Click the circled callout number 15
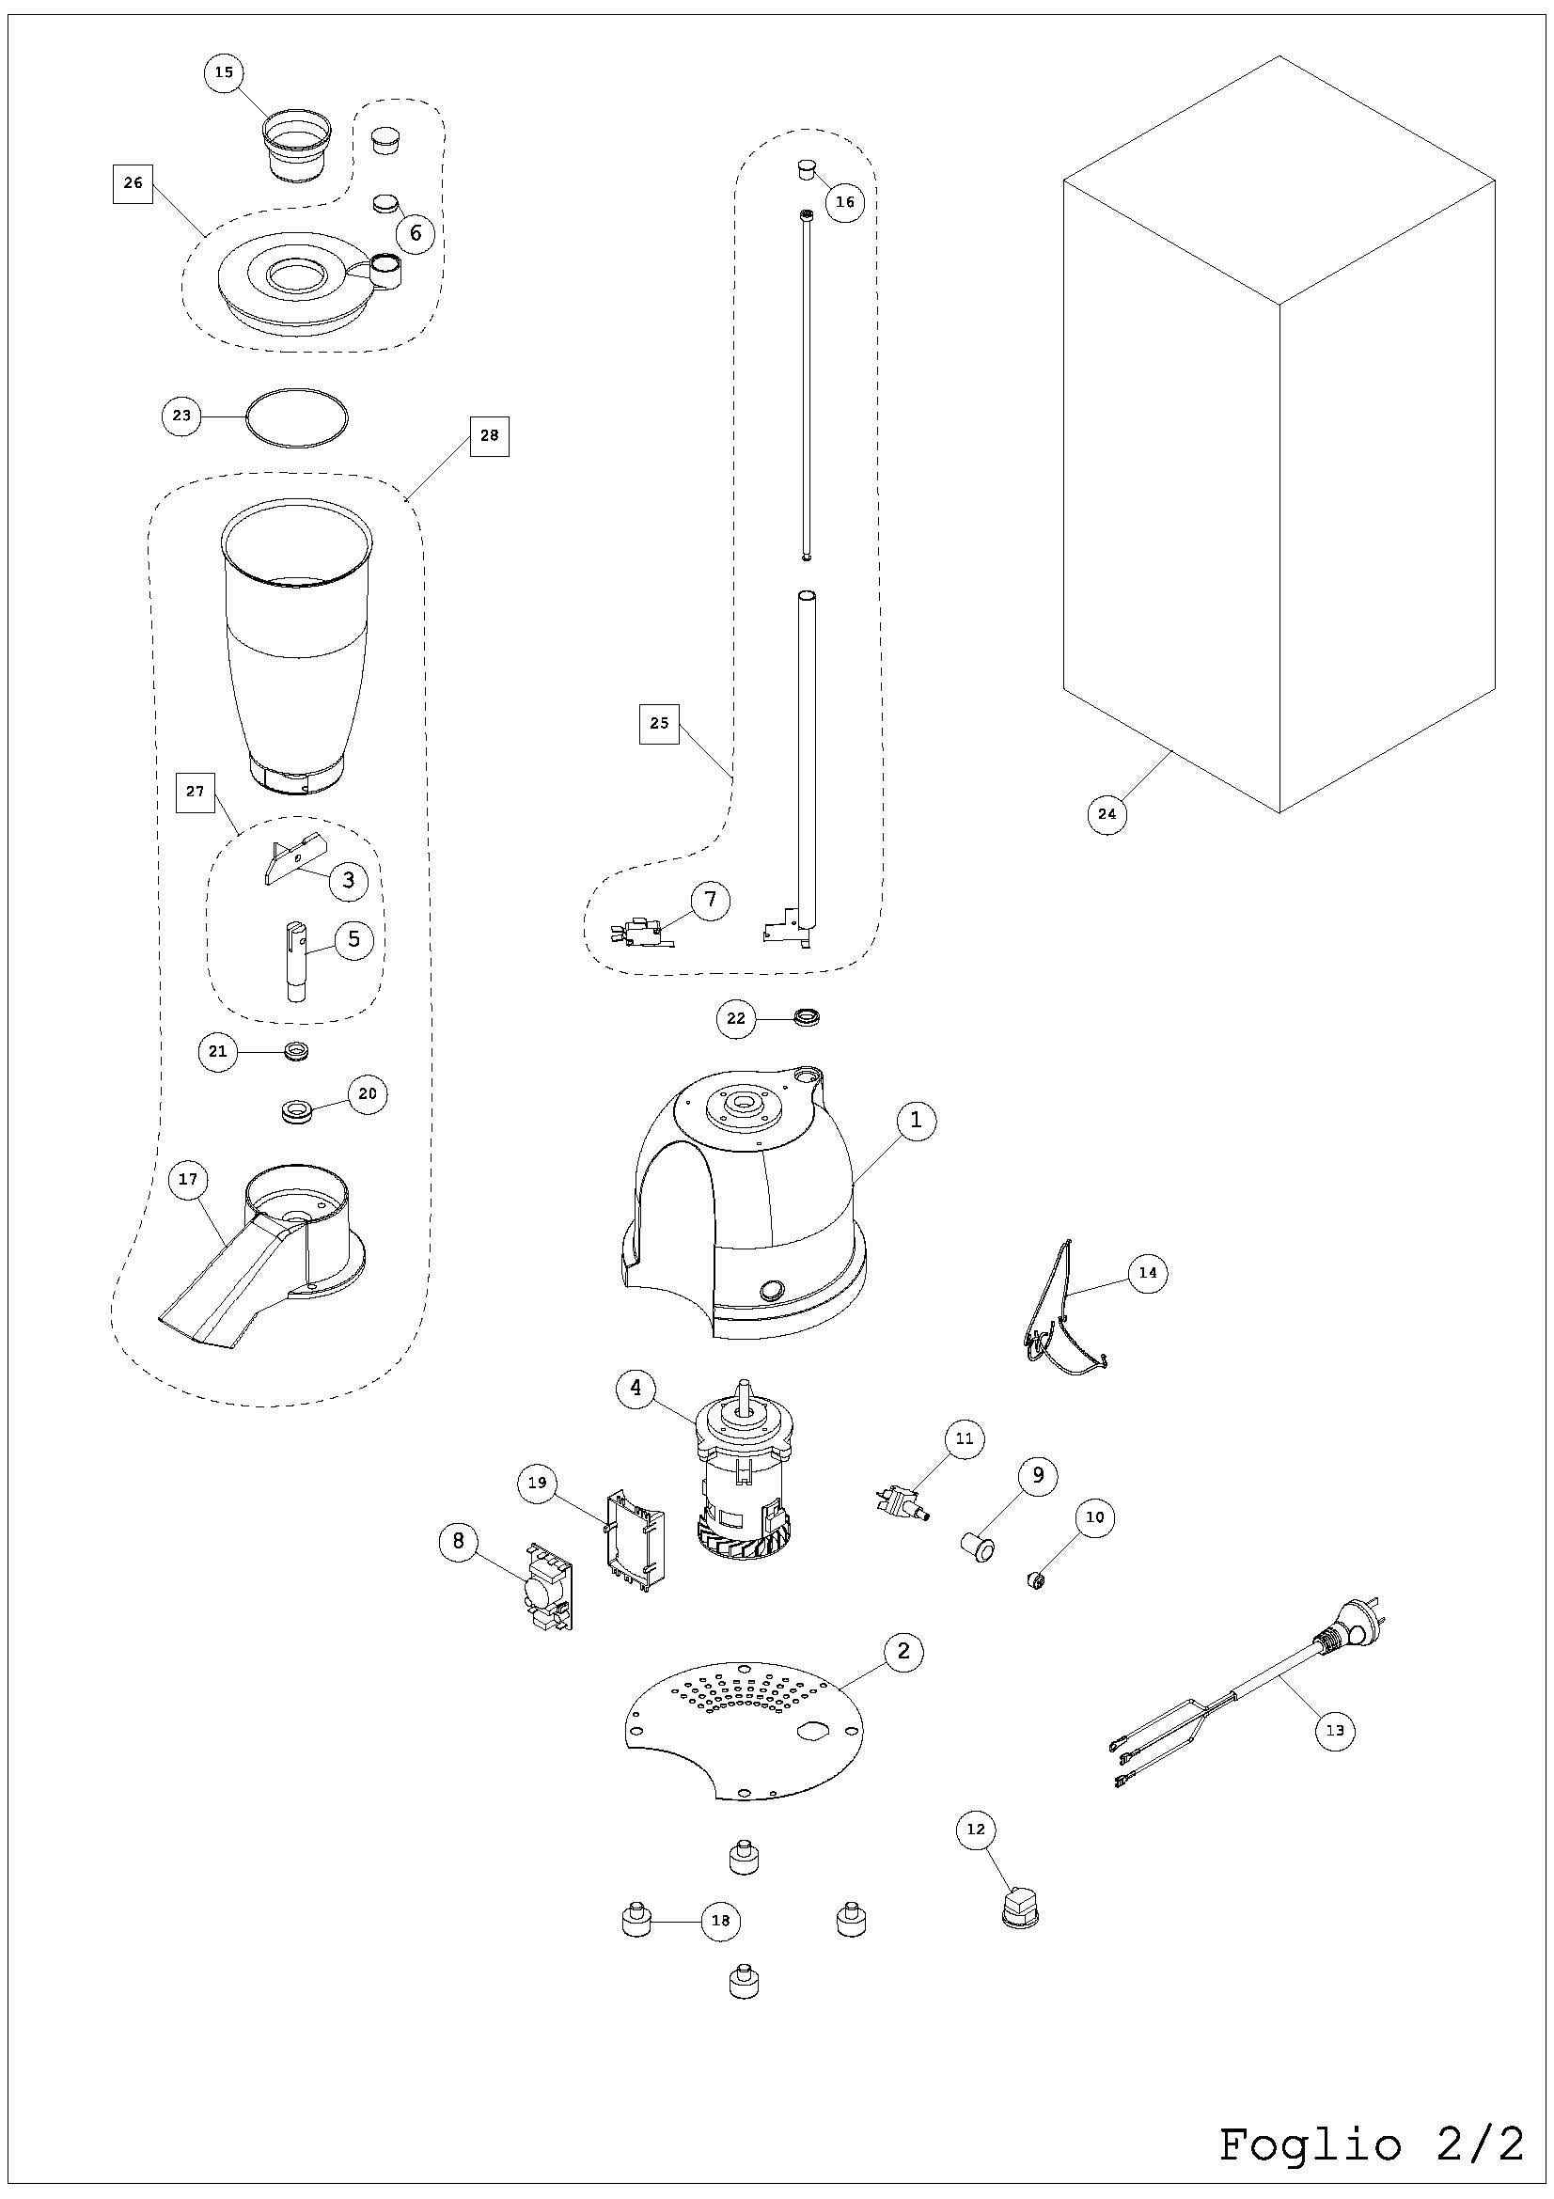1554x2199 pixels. [224, 72]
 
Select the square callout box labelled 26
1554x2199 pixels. [133, 182]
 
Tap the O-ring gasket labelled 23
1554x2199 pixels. [297, 416]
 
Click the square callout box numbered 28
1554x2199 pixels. [489, 436]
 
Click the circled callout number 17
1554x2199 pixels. [188, 1179]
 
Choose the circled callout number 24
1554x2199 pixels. [1107, 814]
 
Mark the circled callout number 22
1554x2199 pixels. [735, 1018]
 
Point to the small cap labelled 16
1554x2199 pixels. [808, 171]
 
